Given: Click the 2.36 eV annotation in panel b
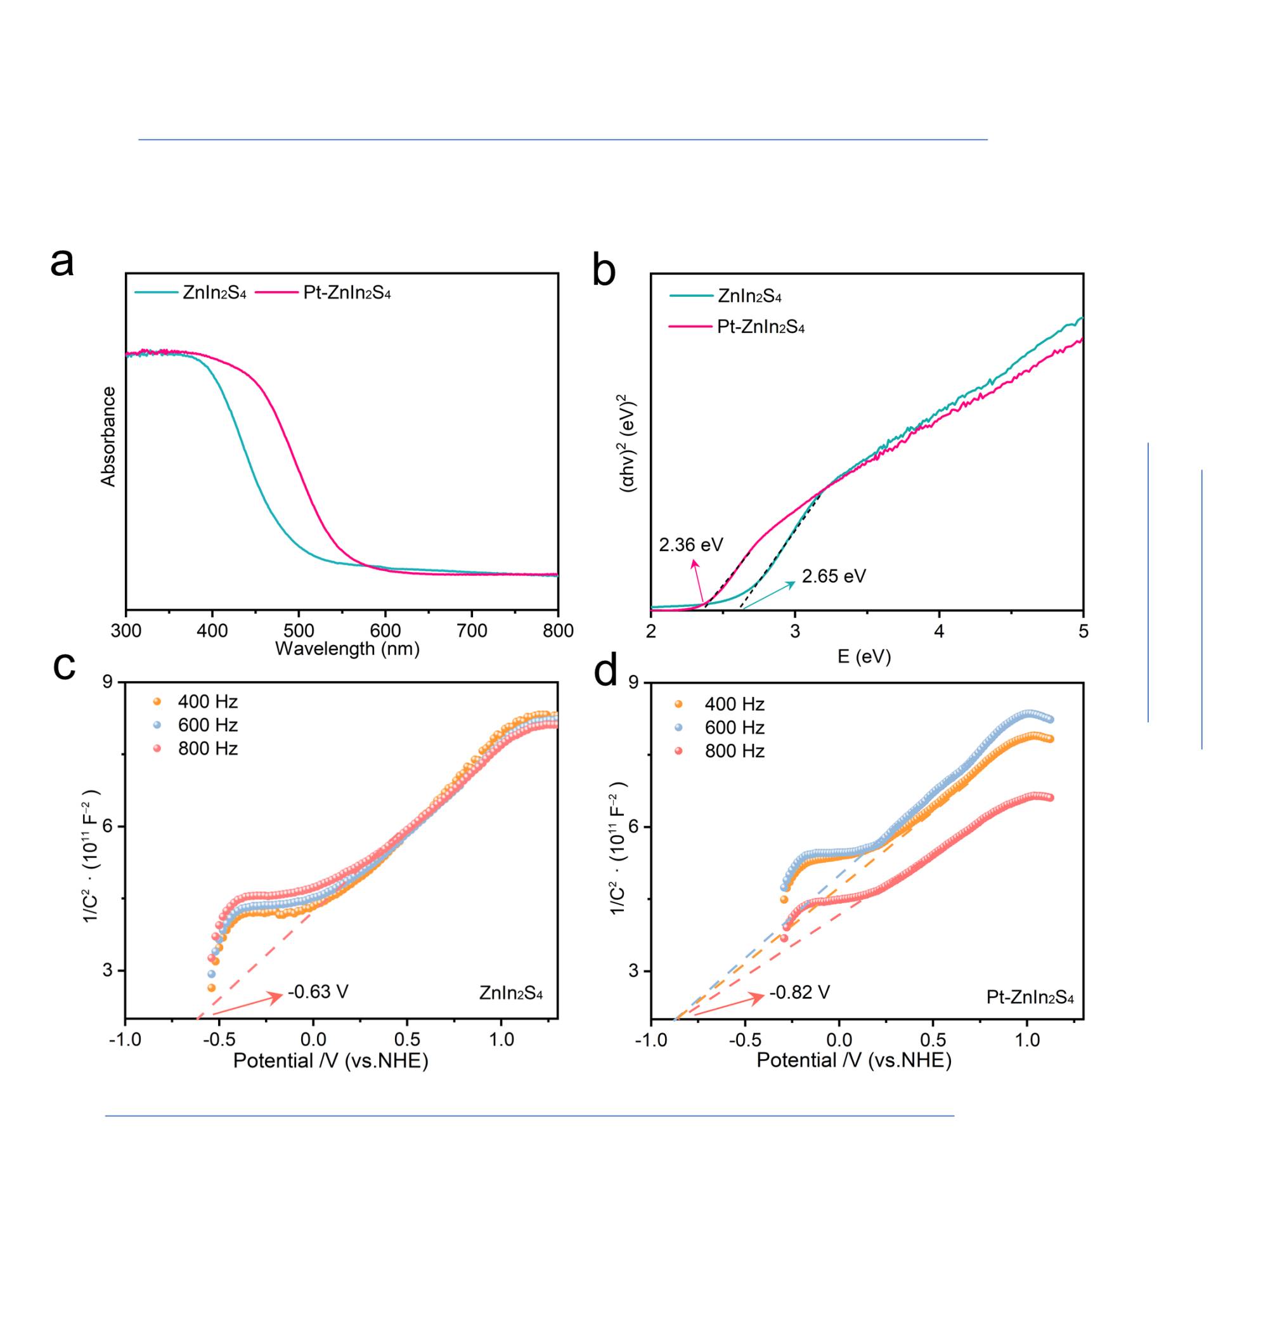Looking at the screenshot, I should pyautogui.click(x=691, y=544).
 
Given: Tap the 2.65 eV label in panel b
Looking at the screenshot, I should pyautogui.click(x=833, y=576).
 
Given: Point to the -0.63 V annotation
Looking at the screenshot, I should pyautogui.click(x=318, y=992).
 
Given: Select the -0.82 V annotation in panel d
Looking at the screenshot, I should pyautogui.click(x=799, y=993).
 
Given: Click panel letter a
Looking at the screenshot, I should pyautogui.click(x=62, y=263).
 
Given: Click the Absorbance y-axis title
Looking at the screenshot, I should pyautogui.click(x=108, y=437).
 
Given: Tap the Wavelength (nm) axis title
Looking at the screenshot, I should pyautogui.click(x=347, y=649).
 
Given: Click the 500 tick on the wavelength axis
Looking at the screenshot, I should pyautogui.click(x=299, y=630).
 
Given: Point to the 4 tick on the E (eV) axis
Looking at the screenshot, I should pyautogui.click(x=939, y=631).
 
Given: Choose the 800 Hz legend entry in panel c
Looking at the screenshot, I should pyautogui.click(x=207, y=748).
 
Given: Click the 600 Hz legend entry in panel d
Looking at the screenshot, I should pyautogui.click(x=734, y=727).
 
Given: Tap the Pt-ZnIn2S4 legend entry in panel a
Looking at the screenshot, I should pyautogui.click(x=347, y=293).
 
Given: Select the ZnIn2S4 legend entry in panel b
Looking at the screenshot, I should pyautogui.click(x=749, y=296).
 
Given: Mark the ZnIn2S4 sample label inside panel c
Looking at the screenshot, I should pyautogui.click(x=510, y=993).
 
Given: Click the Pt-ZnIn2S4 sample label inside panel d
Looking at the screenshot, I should pyautogui.click(x=1030, y=997).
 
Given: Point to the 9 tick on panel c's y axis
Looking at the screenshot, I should pyautogui.click(x=107, y=682).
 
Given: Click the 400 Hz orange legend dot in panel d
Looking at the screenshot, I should pyautogui.click(x=678, y=705).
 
